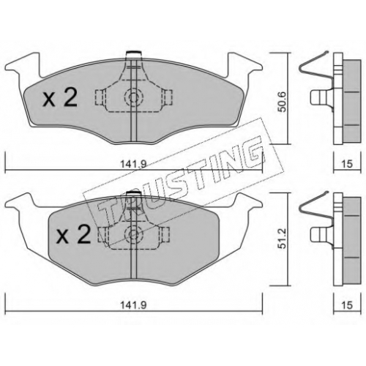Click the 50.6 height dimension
click(283, 102)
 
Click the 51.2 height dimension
click(283, 239)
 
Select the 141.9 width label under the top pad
click(134, 164)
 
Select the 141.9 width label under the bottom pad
click(134, 305)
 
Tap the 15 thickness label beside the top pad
click(347, 164)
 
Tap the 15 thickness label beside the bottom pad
click(347, 305)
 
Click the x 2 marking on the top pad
click(60, 97)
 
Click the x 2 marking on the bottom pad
click(73, 234)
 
